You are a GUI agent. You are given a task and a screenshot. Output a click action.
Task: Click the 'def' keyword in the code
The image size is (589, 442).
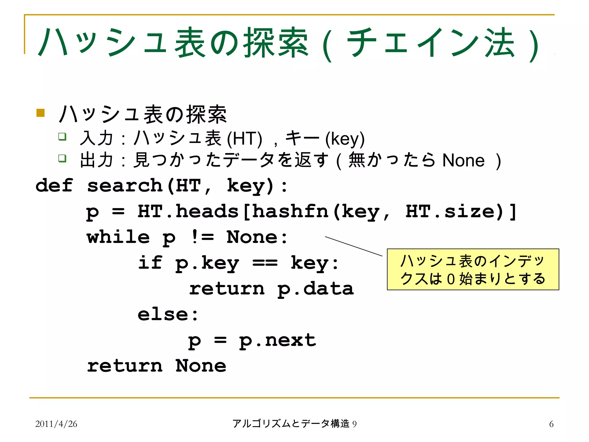point(54,185)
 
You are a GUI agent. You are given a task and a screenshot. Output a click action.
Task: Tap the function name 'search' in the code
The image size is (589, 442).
point(125,185)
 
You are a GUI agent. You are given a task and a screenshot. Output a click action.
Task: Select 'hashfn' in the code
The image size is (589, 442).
point(290,211)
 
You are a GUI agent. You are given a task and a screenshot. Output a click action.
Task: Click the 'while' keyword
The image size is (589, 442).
point(118,237)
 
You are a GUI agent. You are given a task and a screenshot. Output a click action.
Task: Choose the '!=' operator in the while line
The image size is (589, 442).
point(202,237)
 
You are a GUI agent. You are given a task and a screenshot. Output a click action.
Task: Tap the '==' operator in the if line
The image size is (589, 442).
point(265,263)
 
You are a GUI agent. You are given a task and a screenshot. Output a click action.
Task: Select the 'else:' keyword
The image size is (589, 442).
point(168,314)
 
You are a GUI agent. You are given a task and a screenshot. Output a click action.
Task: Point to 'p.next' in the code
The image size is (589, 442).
point(278,340)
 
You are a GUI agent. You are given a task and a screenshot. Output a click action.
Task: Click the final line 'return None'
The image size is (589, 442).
point(157,366)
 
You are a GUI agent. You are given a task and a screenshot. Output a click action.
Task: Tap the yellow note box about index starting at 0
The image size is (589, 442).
point(473,269)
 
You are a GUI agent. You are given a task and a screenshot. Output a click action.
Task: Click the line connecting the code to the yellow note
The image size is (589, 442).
point(354,246)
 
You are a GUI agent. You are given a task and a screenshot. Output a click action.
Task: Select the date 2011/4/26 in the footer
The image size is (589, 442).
point(56,424)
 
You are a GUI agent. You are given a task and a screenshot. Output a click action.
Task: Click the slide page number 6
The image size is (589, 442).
point(551,424)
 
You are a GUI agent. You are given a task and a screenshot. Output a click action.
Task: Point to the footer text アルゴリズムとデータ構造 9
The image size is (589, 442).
point(294,424)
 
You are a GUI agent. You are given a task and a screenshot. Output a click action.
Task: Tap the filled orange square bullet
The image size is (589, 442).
point(41,113)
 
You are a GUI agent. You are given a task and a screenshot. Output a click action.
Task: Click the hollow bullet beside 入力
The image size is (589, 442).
point(62,136)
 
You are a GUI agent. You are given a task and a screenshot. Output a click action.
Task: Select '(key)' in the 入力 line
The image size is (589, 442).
point(345,139)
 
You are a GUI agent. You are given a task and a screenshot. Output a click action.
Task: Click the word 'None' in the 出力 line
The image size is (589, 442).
point(463,160)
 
